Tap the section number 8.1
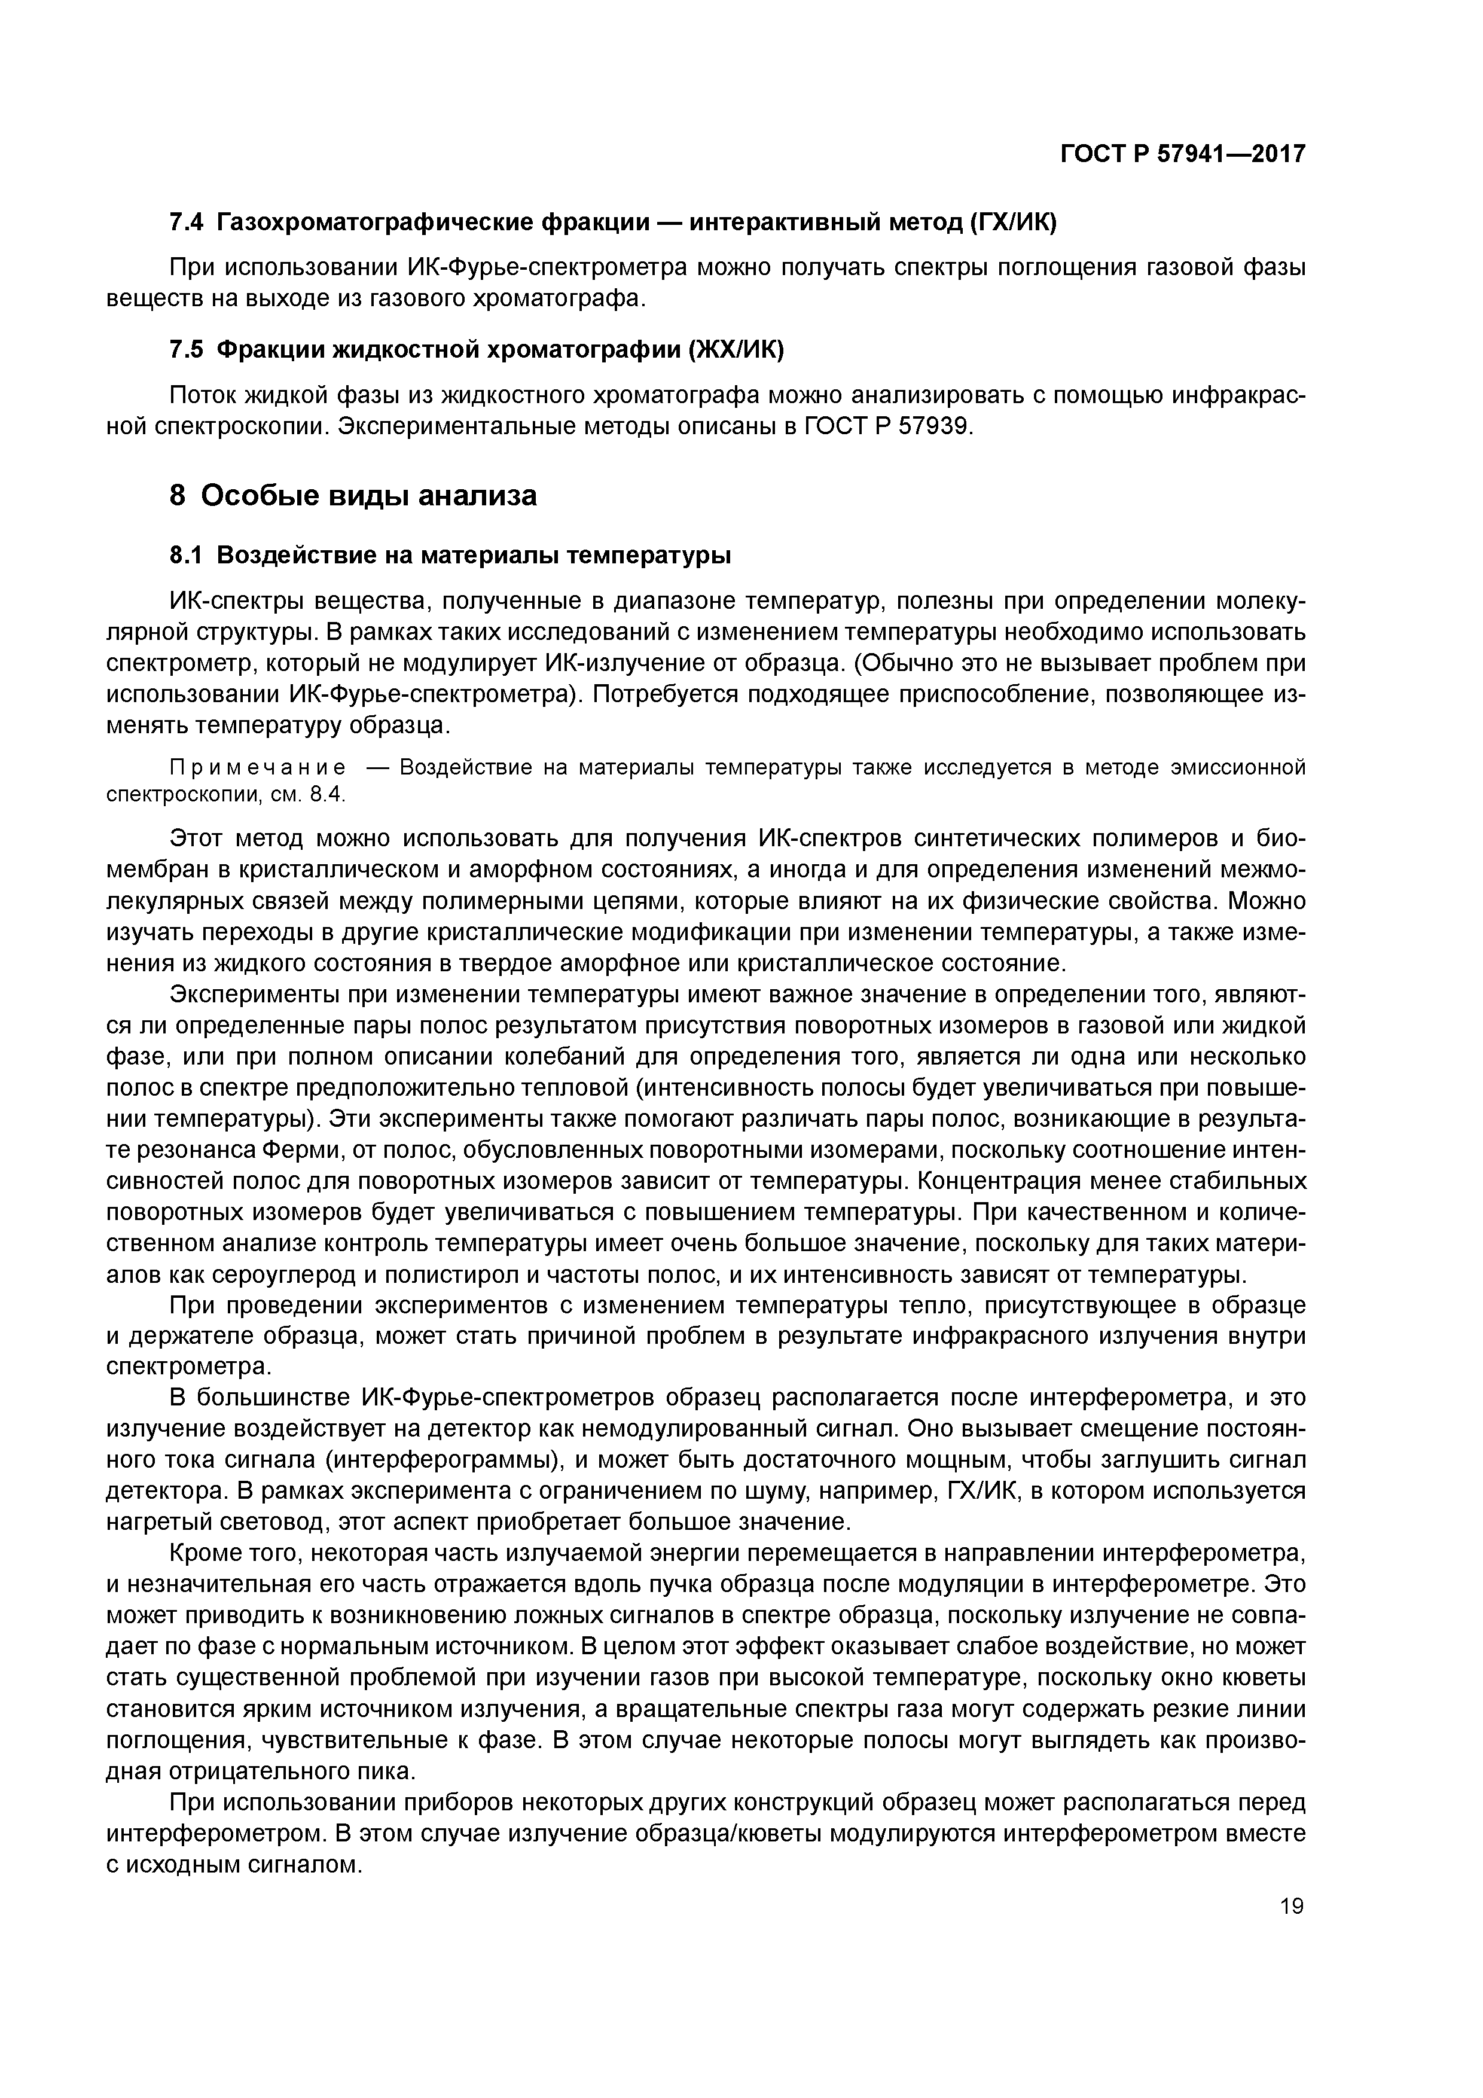pyautogui.click(x=189, y=556)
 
